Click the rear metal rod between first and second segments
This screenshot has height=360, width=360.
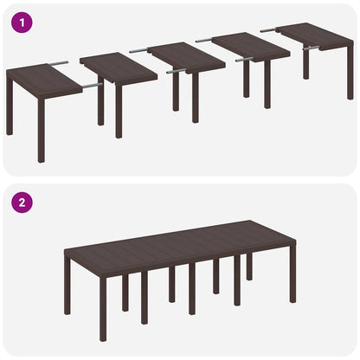58,62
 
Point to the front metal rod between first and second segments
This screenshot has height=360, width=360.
89,86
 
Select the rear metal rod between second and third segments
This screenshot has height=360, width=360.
138,51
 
